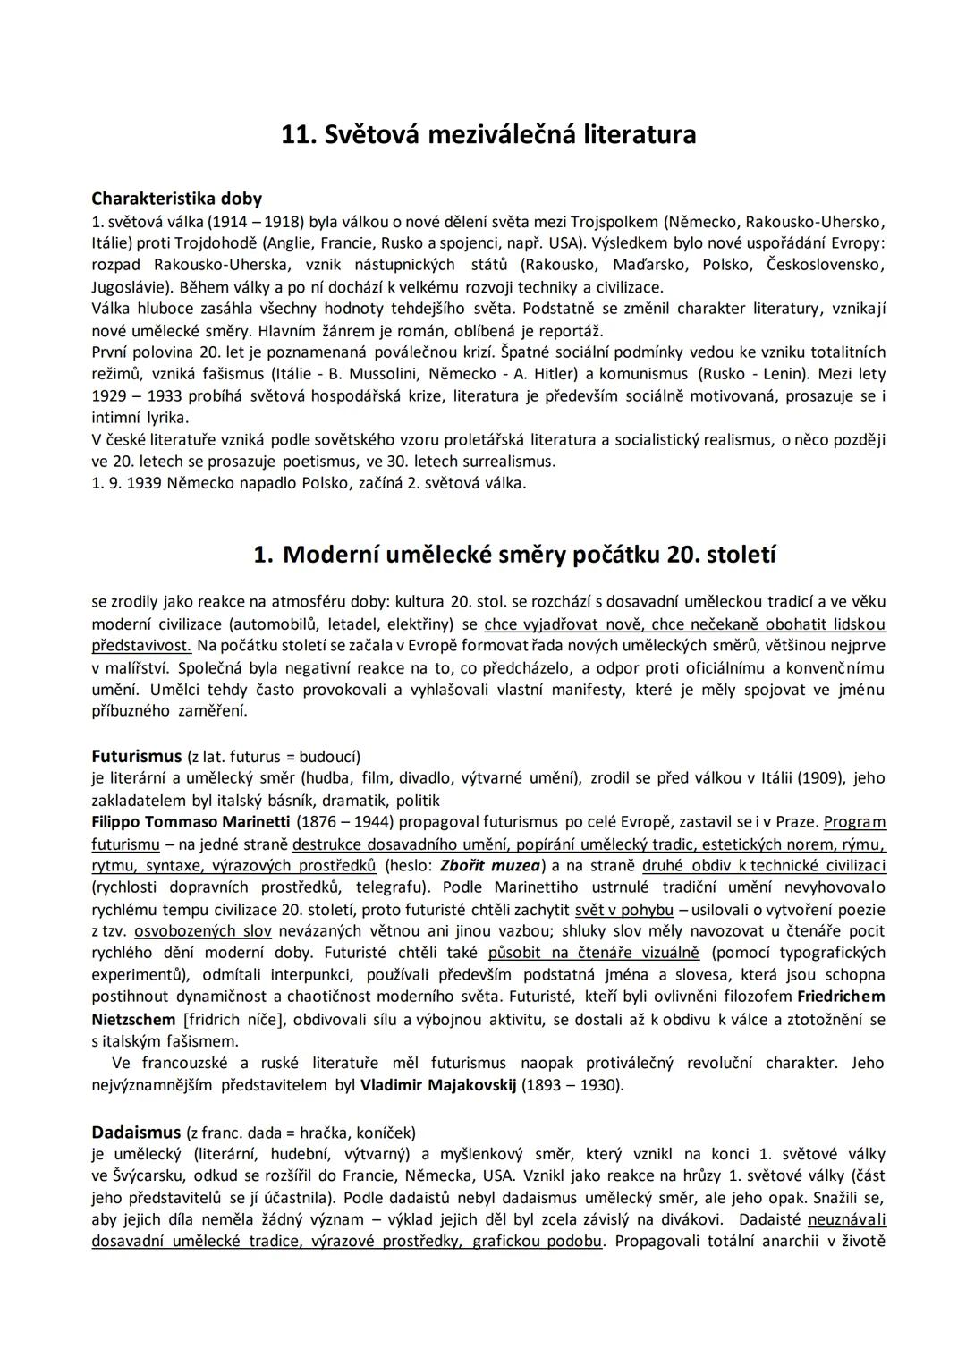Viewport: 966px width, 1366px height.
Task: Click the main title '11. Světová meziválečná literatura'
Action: click(x=488, y=135)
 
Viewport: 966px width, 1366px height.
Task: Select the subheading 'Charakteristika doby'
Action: click(x=176, y=199)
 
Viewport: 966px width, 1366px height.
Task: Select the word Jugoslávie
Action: click(x=131, y=287)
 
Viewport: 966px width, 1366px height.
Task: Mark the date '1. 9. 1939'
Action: click(x=125, y=483)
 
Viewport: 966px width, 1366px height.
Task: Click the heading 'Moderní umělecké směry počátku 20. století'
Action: click(x=529, y=555)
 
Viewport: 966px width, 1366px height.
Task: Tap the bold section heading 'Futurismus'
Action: click(x=137, y=756)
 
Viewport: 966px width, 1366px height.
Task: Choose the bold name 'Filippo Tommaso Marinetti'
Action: click(x=191, y=821)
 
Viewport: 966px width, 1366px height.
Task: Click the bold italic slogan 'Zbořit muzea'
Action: click(x=490, y=865)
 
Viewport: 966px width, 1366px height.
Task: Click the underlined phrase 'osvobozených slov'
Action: click(x=203, y=930)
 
